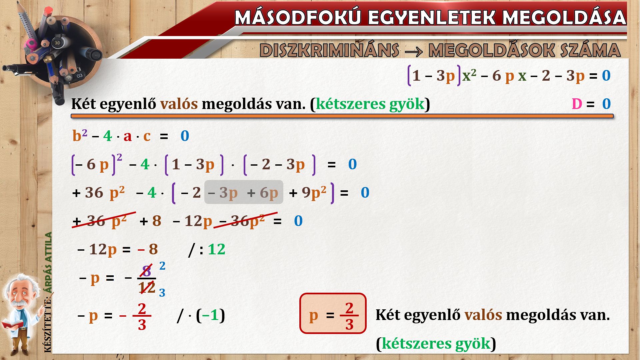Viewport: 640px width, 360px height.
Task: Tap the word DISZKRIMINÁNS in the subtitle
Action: coord(329,50)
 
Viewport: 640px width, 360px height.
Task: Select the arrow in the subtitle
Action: coord(414,51)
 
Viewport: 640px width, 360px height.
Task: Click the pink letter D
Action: coord(577,104)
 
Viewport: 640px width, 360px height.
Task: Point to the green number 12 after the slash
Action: coord(216,249)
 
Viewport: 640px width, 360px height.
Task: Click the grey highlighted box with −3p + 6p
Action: coord(244,192)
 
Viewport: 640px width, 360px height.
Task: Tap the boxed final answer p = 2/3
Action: coord(333,313)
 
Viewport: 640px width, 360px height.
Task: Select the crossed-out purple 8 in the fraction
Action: coord(146,270)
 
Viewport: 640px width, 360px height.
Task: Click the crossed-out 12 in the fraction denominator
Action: coord(147,287)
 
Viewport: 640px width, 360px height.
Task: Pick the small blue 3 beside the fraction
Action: coord(162,293)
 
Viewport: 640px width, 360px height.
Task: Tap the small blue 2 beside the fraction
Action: coord(162,266)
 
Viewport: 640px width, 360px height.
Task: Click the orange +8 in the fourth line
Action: coord(151,221)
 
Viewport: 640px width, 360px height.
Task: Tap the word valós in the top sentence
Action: coord(179,104)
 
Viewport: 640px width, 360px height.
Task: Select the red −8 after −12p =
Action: coord(148,249)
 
